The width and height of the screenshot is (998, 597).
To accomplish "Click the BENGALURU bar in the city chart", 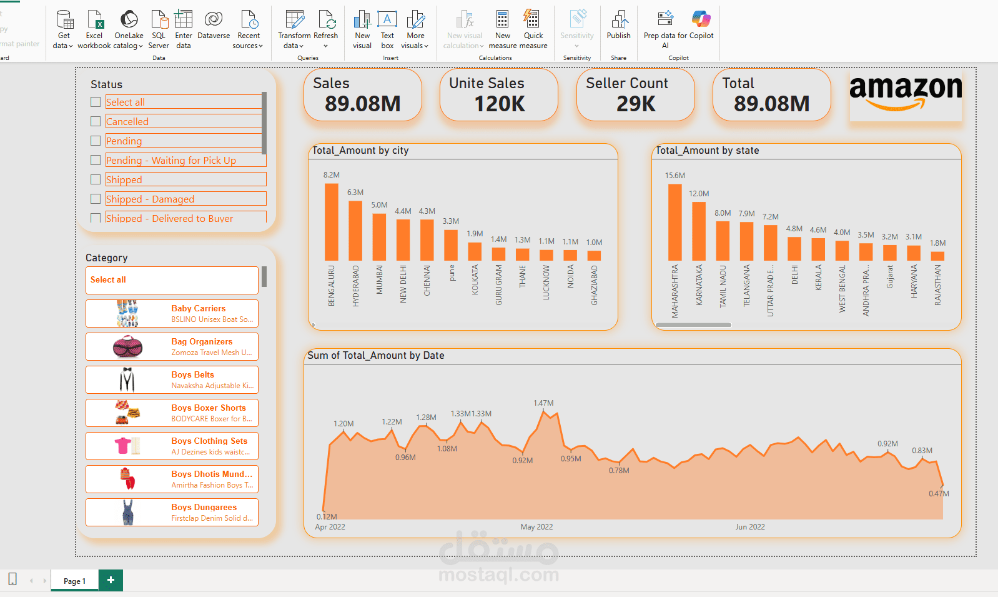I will pyautogui.click(x=332, y=222).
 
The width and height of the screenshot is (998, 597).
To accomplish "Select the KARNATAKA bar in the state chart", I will pyautogui.click(x=699, y=231).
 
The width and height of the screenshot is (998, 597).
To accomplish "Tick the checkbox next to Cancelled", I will pyautogui.click(x=96, y=121).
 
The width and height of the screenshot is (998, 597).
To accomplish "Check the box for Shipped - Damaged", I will pyautogui.click(x=96, y=199).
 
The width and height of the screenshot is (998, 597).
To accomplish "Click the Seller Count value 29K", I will pyautogui.click(x=636, y=104).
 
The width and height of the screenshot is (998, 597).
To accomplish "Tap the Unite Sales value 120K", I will pyautogui.click(x=500, y=104).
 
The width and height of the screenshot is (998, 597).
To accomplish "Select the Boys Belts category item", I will pyautogui.click(x=172, y=379).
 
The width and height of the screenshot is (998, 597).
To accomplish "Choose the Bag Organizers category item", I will pyautogui.click(x=172, y=346).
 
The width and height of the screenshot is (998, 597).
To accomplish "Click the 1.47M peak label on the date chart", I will pyautogui.click(x=543, y=403).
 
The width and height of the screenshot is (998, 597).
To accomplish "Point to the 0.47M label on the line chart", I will pyautogui.click(x=939, y=494).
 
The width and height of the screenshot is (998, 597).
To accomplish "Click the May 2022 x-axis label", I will pyautogui.click(x=536, y=527).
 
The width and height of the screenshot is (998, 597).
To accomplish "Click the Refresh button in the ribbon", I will pyautogui.click(x=326, y=29).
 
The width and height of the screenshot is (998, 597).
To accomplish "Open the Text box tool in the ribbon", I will pyautogui.click(x=387, y=29).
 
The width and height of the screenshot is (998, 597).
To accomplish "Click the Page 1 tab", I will pyautogui.click(x=74, y=581).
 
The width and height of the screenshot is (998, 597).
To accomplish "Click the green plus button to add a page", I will pyautogui.click(x=111, y=580).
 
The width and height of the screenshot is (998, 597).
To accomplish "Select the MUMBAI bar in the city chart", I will pyautogui.click(x=379, y=237).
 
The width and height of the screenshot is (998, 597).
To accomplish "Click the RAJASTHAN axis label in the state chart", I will pyautogui.click(x=937, y=285).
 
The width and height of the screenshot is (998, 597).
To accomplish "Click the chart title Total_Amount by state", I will pyautogui.click(x=707, y=151).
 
